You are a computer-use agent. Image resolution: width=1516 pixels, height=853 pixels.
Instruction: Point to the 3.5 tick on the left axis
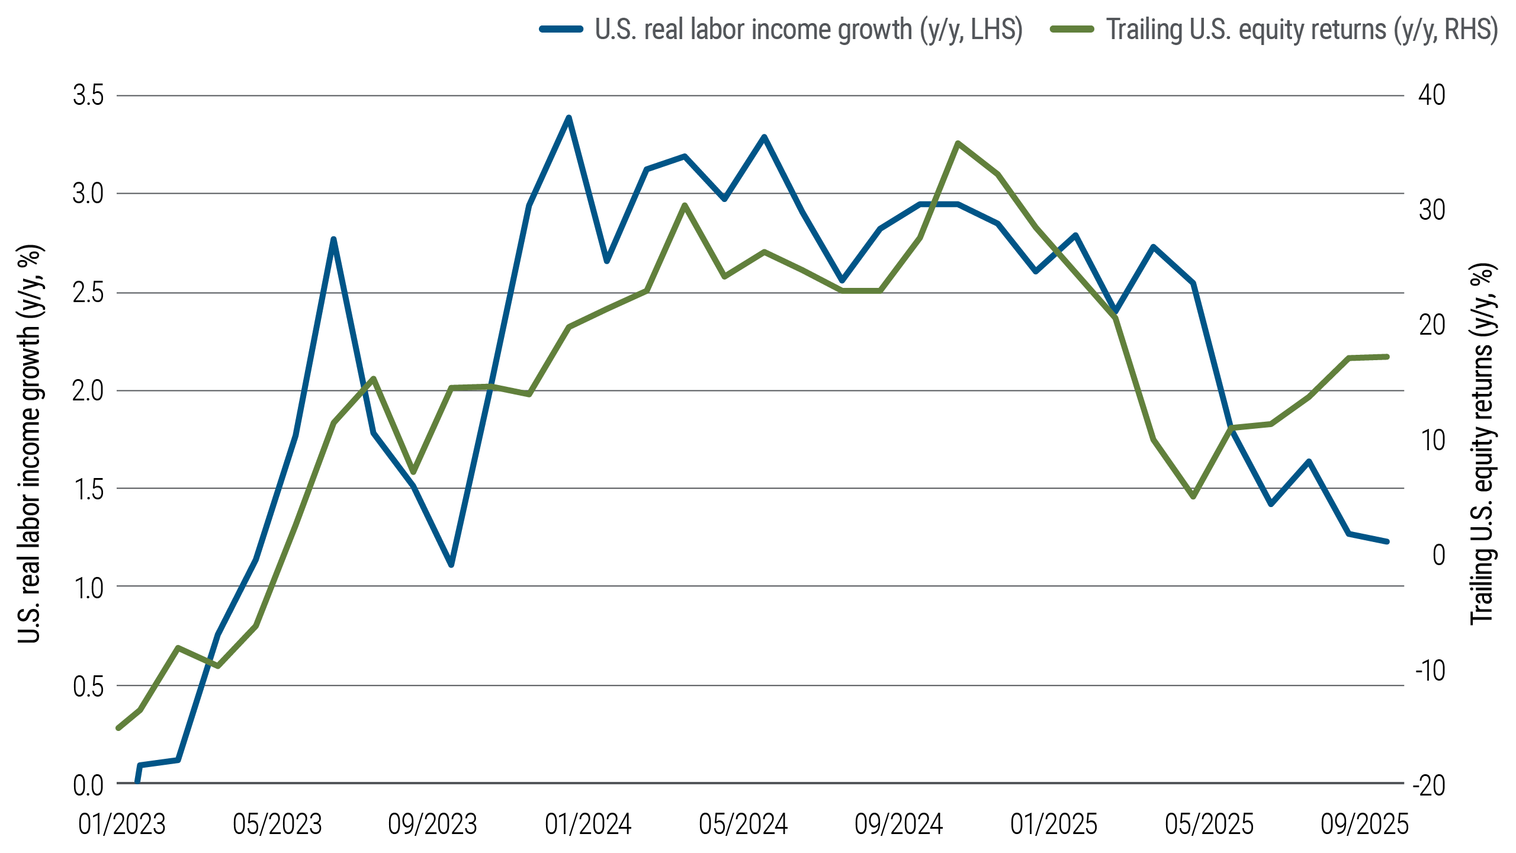click(88, 95)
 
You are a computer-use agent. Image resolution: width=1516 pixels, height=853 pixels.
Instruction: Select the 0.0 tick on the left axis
click(88, 785)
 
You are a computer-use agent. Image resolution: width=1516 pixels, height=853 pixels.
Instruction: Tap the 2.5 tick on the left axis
click(88, 293)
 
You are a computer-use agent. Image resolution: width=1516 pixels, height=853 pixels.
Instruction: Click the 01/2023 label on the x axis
click(122, 825)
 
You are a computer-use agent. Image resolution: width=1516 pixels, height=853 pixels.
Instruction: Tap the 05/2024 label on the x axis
click(743, 825)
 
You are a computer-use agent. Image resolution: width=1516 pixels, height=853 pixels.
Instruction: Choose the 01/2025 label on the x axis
click(1054, 825)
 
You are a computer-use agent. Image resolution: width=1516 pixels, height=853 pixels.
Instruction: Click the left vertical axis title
click(30, 444)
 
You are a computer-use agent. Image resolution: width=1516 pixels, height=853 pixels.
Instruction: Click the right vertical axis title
click(1483, 444)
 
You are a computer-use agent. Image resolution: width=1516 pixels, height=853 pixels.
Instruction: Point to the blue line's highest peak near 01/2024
click(568, 117)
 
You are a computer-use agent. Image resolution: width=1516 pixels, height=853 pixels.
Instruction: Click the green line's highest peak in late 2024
click(958, 143)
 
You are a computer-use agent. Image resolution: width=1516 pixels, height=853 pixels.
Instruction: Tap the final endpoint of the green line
click(1387, 357)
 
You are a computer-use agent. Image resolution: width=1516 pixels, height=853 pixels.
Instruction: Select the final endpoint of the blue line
click(1387, 541)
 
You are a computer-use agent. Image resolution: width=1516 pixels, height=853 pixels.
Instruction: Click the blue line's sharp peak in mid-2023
click(333, 239)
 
